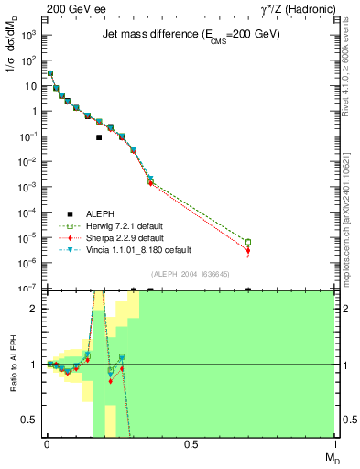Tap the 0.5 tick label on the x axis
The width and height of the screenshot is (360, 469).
click(x=191, y=443)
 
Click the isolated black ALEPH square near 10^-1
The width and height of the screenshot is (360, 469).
click(x=99, y=137)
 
